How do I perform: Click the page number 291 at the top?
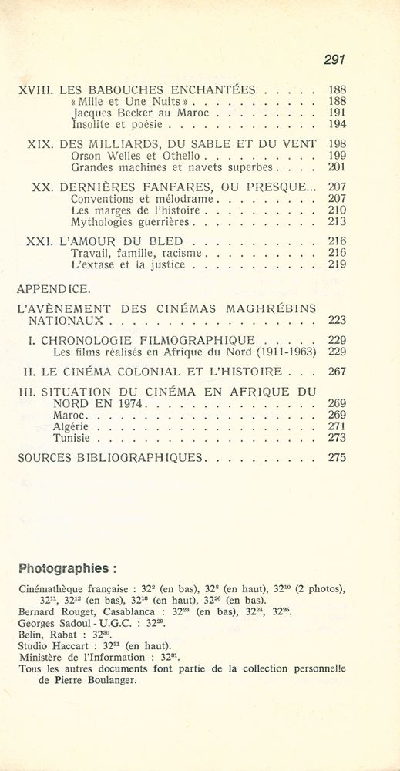(333, 59)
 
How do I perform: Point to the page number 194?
(337, 123)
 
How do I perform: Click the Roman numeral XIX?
(39, 143)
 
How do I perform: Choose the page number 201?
(337, 167)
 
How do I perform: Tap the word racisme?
(178, 253)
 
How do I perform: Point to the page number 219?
(337, 264)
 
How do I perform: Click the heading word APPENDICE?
(53, 290)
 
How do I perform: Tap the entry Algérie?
(71, 426)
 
